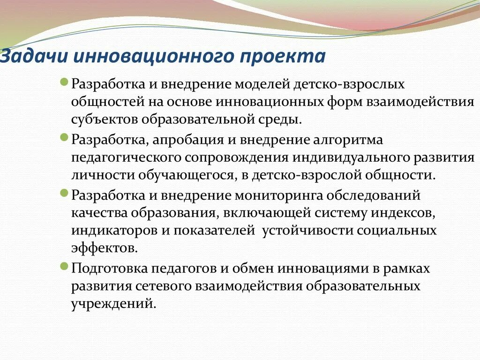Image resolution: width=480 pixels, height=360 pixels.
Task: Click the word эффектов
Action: pos(104,248)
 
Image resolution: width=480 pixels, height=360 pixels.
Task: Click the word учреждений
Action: pos(112,303)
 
